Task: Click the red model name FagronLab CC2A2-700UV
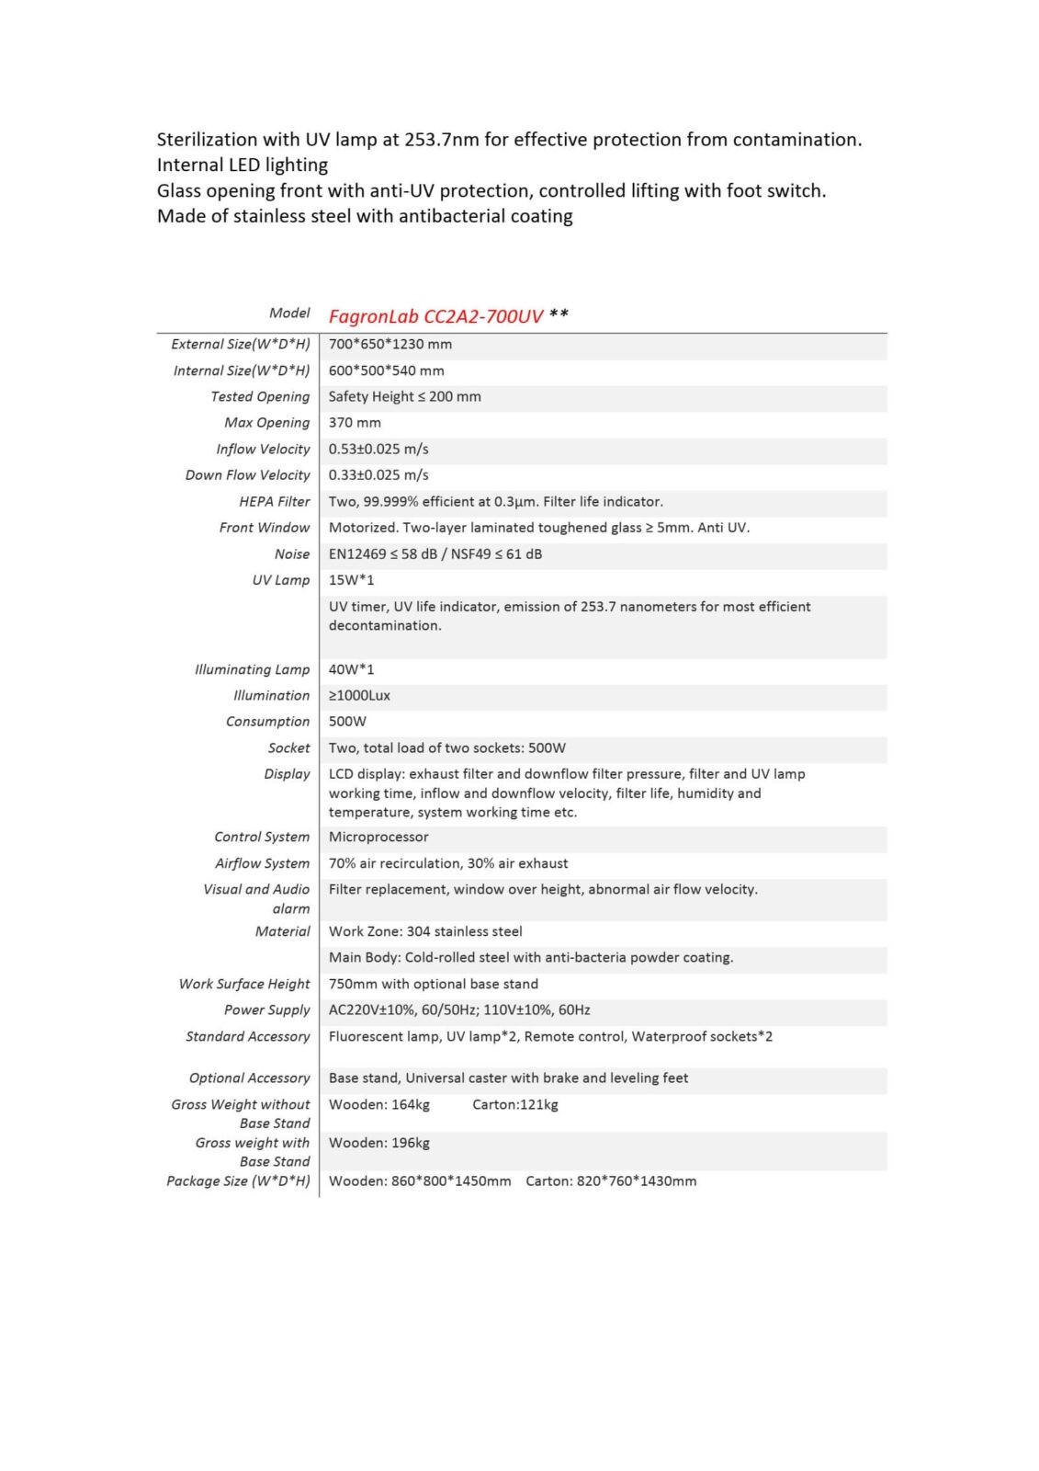[x=435, y=316]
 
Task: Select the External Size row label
[x=240, y=345]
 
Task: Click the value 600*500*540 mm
[x=386, y=371]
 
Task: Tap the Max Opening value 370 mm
[x=355, y=423]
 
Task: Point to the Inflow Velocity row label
[x=263, y=450]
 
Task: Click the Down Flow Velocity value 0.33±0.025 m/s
[x=378, y=475]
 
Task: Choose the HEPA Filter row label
[x=274, y=502]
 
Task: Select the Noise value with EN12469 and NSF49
[x=435, y=554]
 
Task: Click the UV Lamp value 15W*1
[x=351, y=580]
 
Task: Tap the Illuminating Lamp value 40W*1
[x=351, y=669]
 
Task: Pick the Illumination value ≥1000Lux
[x=359, y=696]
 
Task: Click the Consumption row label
[x=267, y=722]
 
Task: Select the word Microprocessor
[x=378, y=838]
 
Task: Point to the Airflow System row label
[x=262, y=864]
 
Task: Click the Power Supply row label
[x=266, y=1010]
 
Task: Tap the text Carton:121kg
[x=514, y=1104]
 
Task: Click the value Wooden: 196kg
[x=378, y=1143]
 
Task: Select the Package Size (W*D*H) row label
[x=238, y=1181]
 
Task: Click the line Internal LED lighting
[x=243, y=165]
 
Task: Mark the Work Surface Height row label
[x=244, y=985]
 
